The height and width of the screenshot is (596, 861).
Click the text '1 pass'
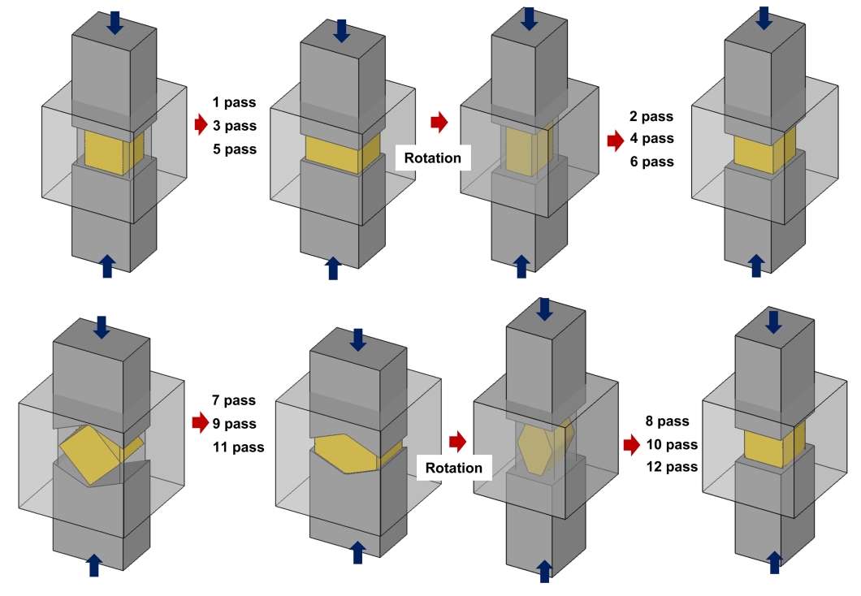[x=233, y=103]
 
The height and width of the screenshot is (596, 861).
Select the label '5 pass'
[x=234, y=149]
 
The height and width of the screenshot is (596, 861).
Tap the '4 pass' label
[x=651, y=139]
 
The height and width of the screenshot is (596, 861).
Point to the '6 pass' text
[x=651, y=162]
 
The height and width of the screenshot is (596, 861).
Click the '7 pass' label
[x=233, y=400]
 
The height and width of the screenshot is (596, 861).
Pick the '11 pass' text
[x=238, y=447]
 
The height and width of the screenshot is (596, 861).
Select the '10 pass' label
[x=672, y=444]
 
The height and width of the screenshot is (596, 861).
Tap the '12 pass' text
[x=672, y=467]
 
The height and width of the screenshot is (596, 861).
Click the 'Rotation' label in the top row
[x=433, y=158]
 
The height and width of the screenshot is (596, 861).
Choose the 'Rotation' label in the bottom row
[x=453, y=468]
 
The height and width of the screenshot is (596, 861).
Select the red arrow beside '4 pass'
[x=616, y=140]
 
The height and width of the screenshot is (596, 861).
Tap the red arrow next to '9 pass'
[x=200, y=422]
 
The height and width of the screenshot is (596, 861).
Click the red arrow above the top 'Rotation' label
[x=439, y=123]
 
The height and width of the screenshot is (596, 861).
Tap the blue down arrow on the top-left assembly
[x=115, y=22]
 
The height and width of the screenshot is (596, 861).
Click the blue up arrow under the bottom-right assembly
[x=774, y=561]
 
